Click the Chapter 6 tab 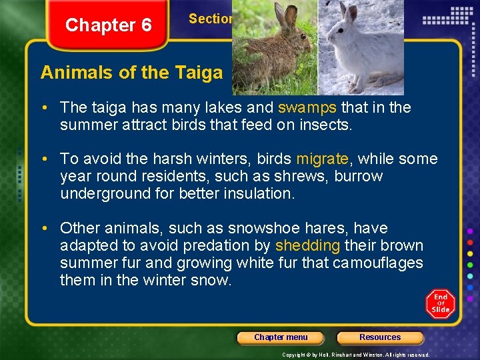[x=109, y=26]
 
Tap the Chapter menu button [x=281, y=337]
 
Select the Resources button [x=380, y=337]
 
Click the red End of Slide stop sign [x=441, y=303]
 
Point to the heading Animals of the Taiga [x=131, y=73]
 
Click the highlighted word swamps [x=307, y=107]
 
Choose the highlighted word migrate [x=322, y=159]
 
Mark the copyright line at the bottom [x=355, y=355]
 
